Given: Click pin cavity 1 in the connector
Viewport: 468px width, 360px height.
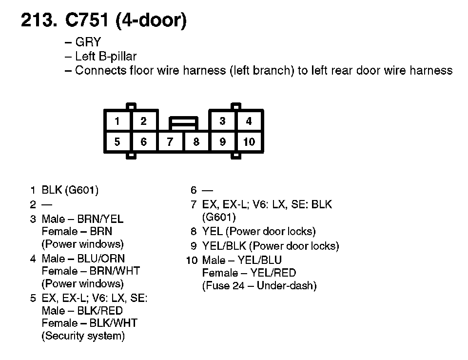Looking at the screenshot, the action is click(x=117, y=121).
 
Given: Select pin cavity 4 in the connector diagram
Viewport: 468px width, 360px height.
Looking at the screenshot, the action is click(x=249, y=121).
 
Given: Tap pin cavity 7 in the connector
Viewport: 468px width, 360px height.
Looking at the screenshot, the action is click(x=170, y=142).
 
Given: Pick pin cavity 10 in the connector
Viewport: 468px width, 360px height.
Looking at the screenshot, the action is click(x=249, y=142).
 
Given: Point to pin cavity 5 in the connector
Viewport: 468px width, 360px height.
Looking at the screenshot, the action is click(x=117, y=142).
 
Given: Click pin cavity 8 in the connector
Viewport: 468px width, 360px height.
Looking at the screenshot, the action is click(x=196, y=142).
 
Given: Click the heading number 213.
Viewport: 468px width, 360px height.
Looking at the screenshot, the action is click(x=39, y=21).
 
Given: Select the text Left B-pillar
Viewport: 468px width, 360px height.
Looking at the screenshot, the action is click(x=106, y=57).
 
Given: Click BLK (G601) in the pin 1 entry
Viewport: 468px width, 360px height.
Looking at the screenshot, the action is click(x=70, y=190).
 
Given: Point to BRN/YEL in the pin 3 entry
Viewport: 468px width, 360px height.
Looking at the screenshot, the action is click(x=100, y=219).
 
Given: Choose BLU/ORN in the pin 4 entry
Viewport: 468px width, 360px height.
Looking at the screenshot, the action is click(x=101, y=259).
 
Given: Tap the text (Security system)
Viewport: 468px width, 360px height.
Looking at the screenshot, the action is click(x=83, y=336).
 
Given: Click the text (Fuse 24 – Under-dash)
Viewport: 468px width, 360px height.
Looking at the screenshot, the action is click(x=259, y=286).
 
